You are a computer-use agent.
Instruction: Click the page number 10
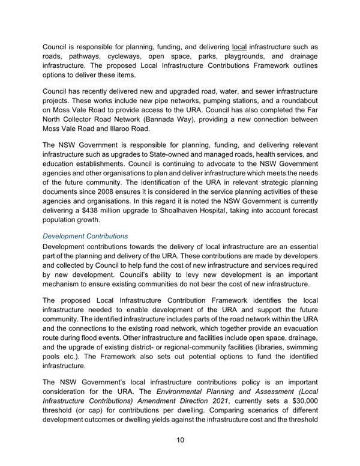click(x=180, y=441)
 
